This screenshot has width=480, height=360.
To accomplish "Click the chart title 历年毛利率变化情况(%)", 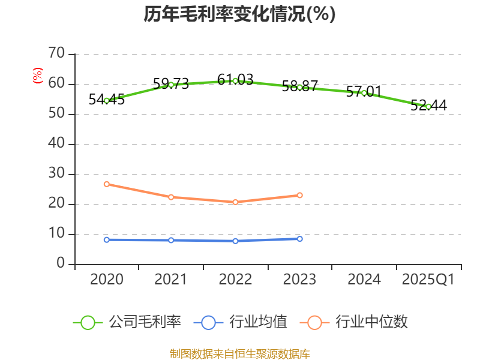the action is [239, 14].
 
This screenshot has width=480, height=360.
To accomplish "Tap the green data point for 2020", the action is [107, 101].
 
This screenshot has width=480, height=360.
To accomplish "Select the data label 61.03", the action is [235, 80].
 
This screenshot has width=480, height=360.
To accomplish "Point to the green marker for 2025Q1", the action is [428, 107].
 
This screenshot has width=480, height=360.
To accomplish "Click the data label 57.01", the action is [364, 91].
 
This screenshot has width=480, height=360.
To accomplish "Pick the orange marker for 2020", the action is [107, 184].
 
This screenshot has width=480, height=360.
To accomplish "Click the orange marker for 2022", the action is [235, 202].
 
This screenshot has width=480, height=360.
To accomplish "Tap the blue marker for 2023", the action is [299, 239].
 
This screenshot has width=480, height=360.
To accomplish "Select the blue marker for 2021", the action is [171, 241].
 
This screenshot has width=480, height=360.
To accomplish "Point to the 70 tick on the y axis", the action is [56, 53].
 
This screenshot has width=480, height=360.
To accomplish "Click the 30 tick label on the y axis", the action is [56, 173].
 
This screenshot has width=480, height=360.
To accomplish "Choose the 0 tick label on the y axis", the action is [61, 263].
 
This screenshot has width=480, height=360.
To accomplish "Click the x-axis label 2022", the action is [235, 279].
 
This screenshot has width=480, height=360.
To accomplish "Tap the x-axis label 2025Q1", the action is [428, 279].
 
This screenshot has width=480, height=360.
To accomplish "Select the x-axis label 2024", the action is [364, 279].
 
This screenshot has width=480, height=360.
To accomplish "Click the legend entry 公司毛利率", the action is [127, 322].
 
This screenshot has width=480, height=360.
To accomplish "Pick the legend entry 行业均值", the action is [241, 322].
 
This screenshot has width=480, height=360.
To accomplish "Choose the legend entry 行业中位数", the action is [353, 322].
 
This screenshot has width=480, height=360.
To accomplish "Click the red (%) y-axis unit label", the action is [38, 76].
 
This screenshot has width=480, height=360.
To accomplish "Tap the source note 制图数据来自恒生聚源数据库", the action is [239, 354].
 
